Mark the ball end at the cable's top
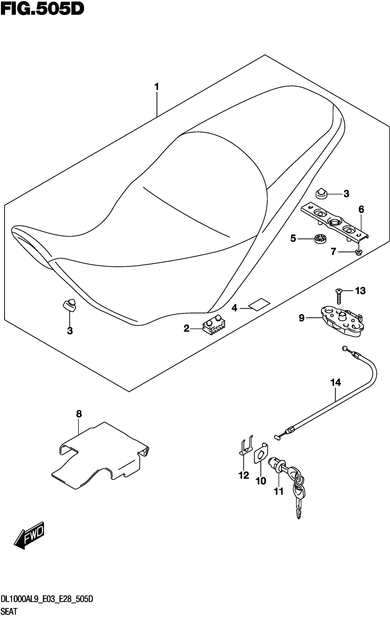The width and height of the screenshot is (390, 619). coord(344,348)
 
